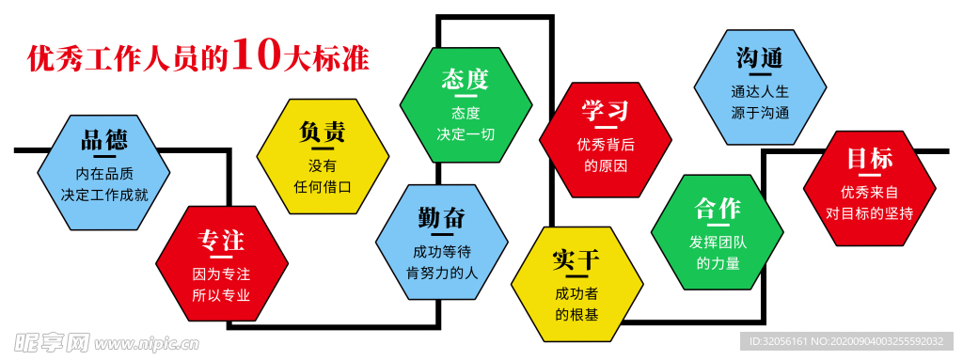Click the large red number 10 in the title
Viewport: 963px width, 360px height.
click(256, 56)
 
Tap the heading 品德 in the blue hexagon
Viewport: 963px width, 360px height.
click(103, 141)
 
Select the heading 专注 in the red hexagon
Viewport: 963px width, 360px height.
click(221, 241)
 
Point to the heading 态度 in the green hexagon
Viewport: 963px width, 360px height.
click(465, 79)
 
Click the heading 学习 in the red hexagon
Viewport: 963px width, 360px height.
click(605, 111)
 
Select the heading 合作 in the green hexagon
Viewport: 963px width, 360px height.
click(718, 209)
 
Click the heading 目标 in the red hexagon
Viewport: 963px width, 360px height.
click(869, 158)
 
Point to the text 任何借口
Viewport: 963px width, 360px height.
click(323, 186)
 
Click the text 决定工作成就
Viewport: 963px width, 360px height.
click(103, 196)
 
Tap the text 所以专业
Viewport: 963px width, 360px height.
click(221, 295)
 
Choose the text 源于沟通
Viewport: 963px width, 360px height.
click(760, 113)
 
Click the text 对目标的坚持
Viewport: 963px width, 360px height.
click(869, 212)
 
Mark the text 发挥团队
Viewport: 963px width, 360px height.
click(718, 243)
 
